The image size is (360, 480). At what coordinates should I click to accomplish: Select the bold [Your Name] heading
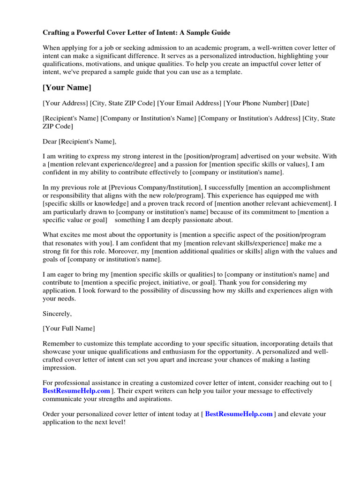coord(67,88)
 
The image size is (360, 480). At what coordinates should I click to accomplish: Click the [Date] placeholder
coord(300,103)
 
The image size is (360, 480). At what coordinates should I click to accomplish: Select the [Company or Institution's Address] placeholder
coord(249,119)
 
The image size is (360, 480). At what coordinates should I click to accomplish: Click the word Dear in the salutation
coord(50,142)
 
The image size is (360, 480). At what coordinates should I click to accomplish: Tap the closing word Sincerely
coord(57,313)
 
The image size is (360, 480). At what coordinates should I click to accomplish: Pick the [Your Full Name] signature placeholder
coord(69,329)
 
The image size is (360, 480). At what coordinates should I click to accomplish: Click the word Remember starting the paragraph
coord(58,344)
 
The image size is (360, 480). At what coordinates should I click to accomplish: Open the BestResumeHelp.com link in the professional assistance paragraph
coord(76,391)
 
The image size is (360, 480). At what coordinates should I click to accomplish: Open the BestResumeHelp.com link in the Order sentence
coord(239,414)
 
